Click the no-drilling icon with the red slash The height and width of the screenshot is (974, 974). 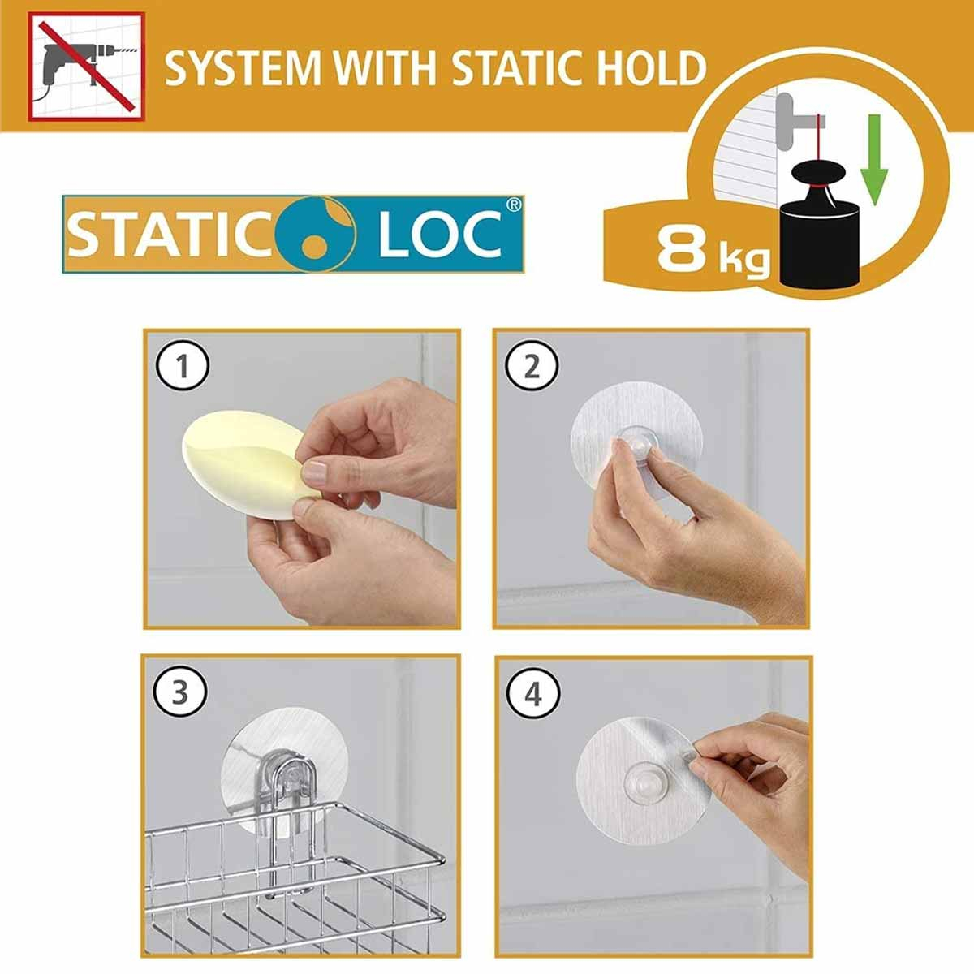[86, 67]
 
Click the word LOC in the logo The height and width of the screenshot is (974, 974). [440, 235]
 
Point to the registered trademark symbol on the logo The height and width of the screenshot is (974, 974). [513, 205]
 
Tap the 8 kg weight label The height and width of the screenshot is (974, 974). [713, 249]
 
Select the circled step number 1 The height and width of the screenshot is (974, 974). [182, 367]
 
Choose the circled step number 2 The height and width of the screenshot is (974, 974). [532, 367]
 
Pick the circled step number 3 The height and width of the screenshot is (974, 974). [180, 692]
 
